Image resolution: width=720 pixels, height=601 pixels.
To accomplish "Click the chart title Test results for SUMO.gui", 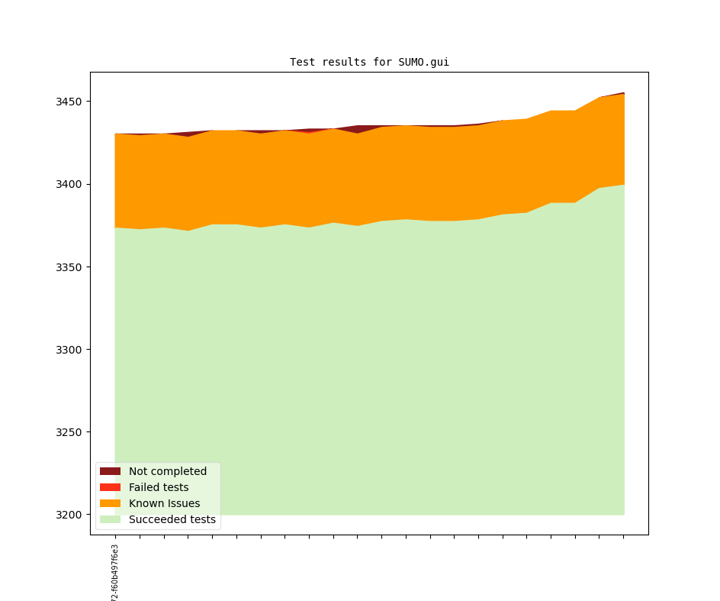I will tap(369, 63).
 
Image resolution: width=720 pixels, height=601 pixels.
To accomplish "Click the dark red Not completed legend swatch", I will tap(110, 471).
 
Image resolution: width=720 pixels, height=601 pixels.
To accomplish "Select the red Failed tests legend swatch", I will tap(110, 487).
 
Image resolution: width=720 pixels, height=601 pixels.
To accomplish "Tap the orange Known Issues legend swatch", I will tap(110, 503).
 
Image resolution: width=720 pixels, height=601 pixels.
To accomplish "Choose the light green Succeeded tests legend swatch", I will tap(110, 519).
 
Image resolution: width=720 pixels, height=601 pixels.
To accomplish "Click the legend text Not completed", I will tap(168, 471).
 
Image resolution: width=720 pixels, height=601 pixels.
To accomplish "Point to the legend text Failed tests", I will tap(159, 487).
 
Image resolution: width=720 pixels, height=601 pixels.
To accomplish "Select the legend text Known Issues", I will tap(164, 503).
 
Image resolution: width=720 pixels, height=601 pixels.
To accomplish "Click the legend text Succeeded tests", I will tap(172, 519).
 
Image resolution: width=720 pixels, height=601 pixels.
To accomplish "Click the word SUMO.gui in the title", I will tap(423, 63).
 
